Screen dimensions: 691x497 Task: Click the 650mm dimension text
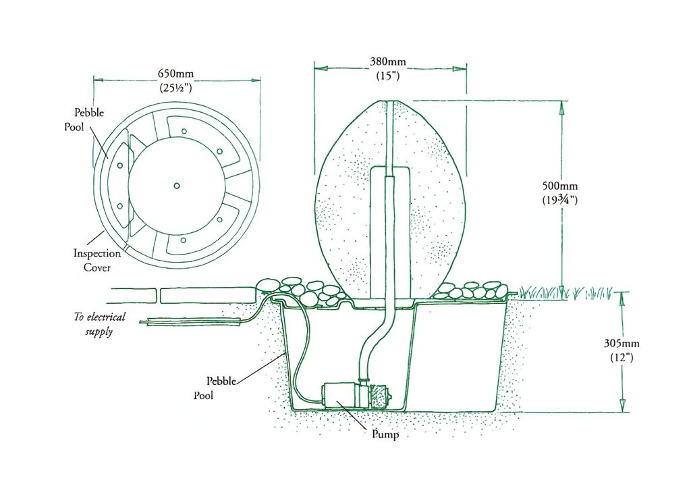(x=176, y=73)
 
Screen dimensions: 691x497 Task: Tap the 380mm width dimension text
(x=388, y=61)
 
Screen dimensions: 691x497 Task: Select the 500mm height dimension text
(x=559, y=186)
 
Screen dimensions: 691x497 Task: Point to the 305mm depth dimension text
(x=621, y=343)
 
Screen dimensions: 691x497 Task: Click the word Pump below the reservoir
(x=385, y=434)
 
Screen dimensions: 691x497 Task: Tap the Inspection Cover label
(x=97, y=260)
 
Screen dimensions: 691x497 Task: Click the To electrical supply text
(x=99, y=323)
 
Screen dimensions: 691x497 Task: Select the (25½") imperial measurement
(x=176, y=88)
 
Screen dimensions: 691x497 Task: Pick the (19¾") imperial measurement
(x=559, y=200)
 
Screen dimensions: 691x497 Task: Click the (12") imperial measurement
(x=621, y=357)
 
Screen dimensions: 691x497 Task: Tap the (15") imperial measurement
(x=388, y=76)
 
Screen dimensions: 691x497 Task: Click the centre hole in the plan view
(x=177, y=186)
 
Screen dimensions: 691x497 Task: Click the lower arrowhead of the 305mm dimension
(x=623, y=406)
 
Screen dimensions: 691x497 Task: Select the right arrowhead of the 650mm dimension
(x=255, y=80)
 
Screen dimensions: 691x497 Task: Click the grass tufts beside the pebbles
(x=566, y=292)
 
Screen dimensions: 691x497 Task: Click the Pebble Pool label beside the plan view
(x=84, y=120)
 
